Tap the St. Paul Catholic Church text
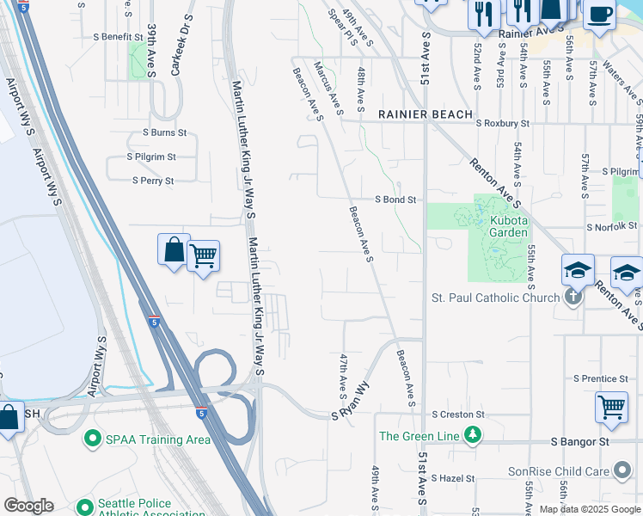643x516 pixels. (x=495, y=298)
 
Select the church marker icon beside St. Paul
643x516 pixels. (x=574, y=298)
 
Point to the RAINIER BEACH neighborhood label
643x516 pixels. (x=426, y=114)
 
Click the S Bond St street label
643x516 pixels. (x=395, y=200)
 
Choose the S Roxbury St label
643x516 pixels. (x=492, y=123)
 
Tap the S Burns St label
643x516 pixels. (x=164, y=132)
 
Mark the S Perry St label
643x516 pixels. (x=153, y=181)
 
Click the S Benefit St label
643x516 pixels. (x=118, y=37)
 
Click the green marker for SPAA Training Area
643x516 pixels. (x=93, y=439)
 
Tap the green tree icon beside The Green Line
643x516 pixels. (x=471, y=436)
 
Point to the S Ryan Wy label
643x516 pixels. (x=352, y=401)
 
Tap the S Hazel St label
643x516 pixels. (x=453, y=477)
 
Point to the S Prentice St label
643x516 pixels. (x=601, y=378)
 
